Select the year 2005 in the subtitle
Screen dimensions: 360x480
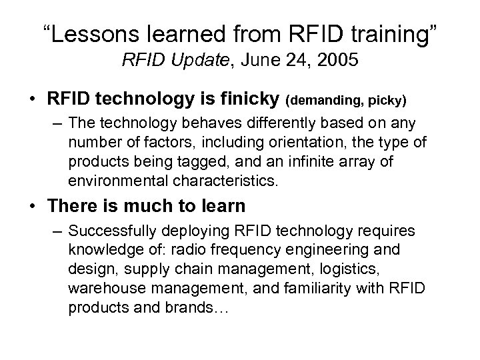(339, 63)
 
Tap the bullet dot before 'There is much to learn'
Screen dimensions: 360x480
(33, 207)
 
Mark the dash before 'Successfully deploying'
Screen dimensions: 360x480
(57, 232)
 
